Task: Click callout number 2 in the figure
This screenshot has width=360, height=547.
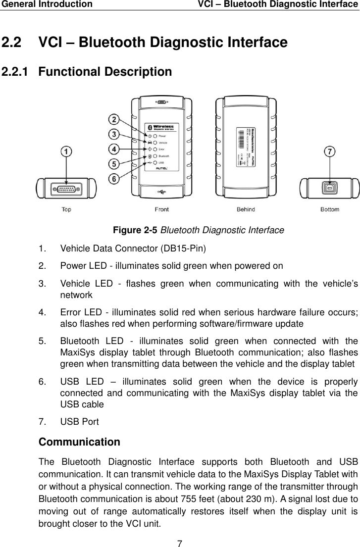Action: click(x=114, y=120)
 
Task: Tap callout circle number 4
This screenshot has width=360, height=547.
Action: click(x=114, y=149)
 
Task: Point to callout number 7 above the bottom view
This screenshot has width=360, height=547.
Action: click(x=329, y=152)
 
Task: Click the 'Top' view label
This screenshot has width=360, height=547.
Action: click(x=66, y=209)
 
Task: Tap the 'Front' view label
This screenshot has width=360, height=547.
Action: click(x=161, y=209)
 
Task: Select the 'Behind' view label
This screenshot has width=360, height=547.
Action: click(x=246, y=209)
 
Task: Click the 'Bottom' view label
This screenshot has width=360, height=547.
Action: click(x=329, y=209)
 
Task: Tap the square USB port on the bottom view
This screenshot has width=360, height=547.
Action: click(x=329, y=189)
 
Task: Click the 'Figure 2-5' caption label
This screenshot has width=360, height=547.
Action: click(x=136, y=230)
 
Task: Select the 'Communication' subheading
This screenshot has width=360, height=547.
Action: click(x=79, y=442)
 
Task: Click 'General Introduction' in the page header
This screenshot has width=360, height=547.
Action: click(x=46, y=4)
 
